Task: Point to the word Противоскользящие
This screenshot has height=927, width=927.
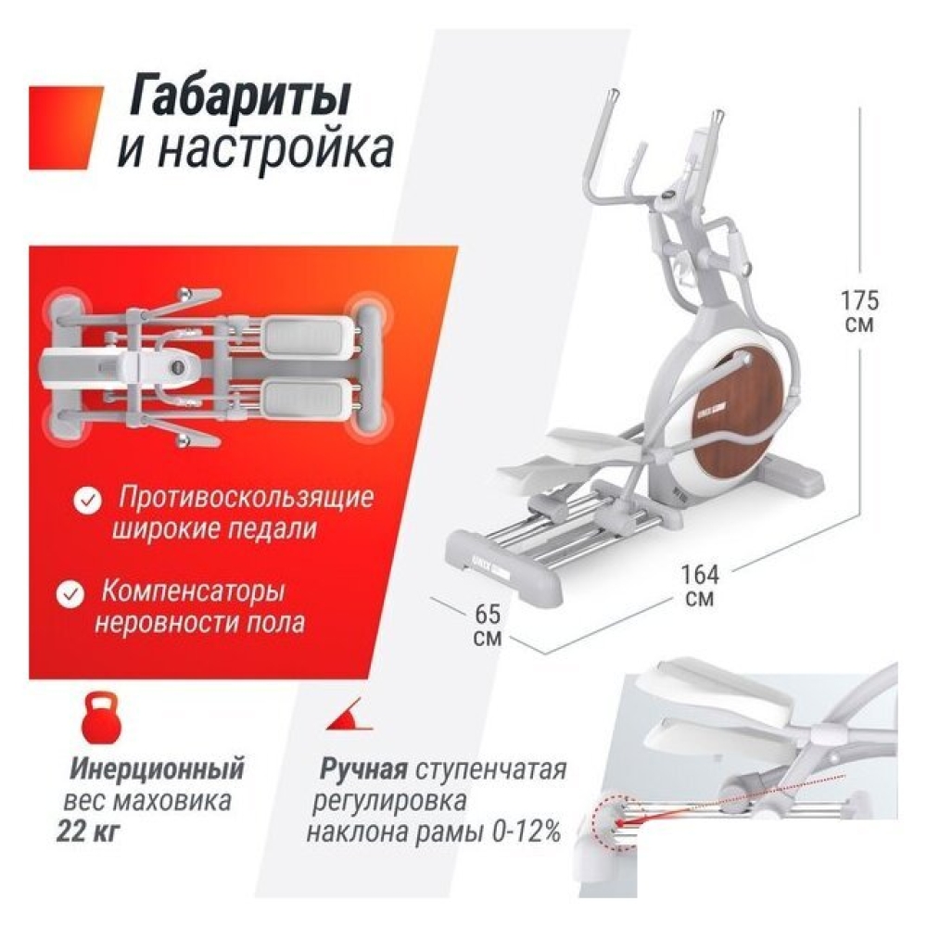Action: click(x=246, y=498)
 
